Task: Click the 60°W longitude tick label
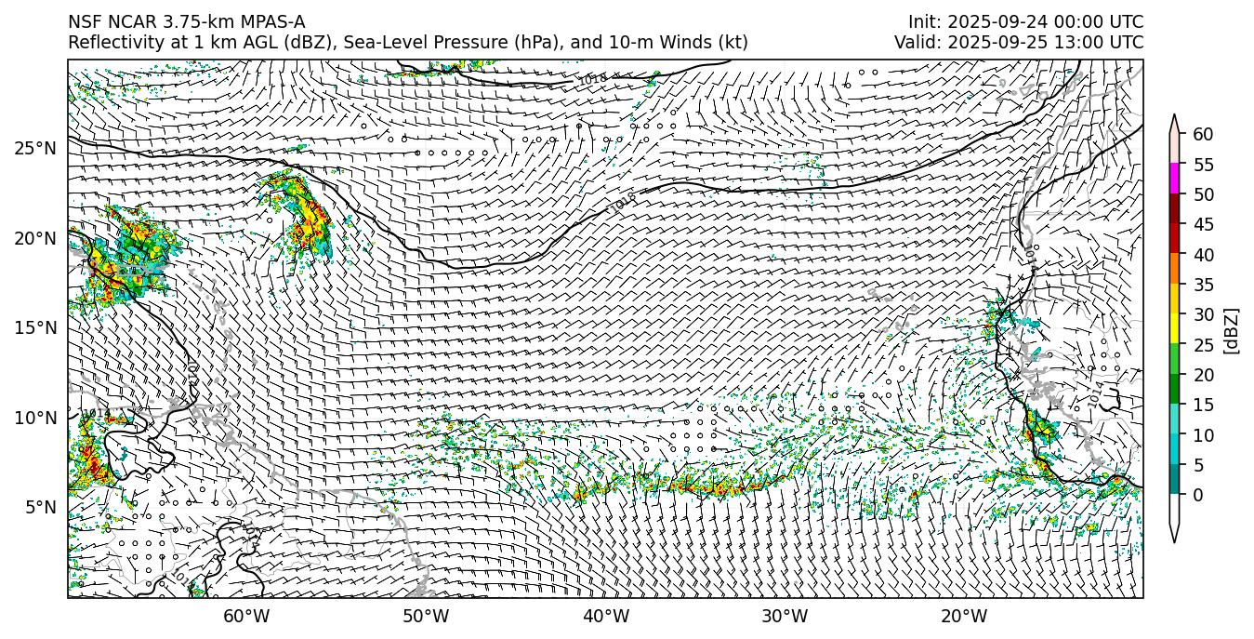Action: (x=246, y=616)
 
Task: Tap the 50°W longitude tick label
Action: (x=426, y=616)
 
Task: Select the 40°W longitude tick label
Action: (x=606, y=616)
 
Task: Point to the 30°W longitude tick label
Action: (x=785, y=616)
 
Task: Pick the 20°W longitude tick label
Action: (x=964, y=616)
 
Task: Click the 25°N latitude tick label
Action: (x=35, y=149)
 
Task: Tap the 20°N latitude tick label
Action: (x=35, y=238)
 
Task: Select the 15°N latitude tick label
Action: (x=35, y=327)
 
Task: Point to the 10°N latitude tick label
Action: (x=35, y=418)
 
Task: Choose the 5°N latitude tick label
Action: (x=40, y=507)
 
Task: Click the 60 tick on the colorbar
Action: (x=1203, y=135)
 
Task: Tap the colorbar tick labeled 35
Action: (x=1203, y=285)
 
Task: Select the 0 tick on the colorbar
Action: (x=1198, y=495)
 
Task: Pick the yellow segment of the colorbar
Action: (x=1174, y=329)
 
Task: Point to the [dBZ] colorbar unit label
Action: (x=1232, y=330)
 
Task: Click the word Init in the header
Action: (x=923, y=22)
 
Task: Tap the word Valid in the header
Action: (x=917, y=43)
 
